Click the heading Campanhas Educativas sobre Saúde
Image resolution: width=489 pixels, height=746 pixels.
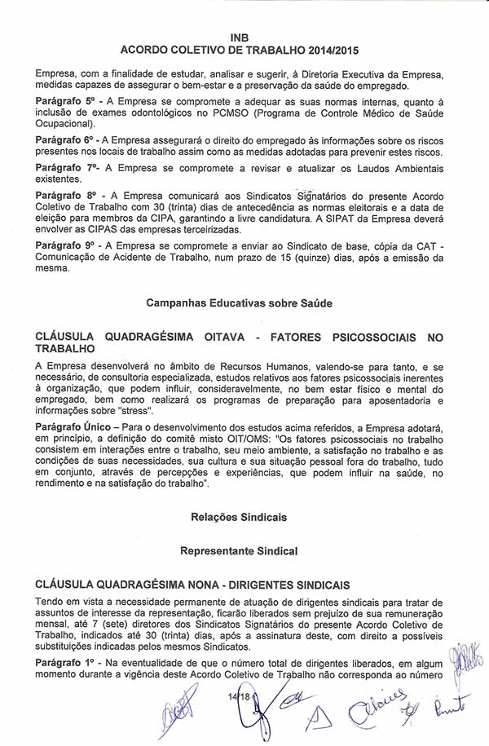coord(240,303)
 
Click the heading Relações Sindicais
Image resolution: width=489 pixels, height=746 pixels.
coord(239,517)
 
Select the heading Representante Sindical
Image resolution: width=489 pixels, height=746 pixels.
coord(239,552)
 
